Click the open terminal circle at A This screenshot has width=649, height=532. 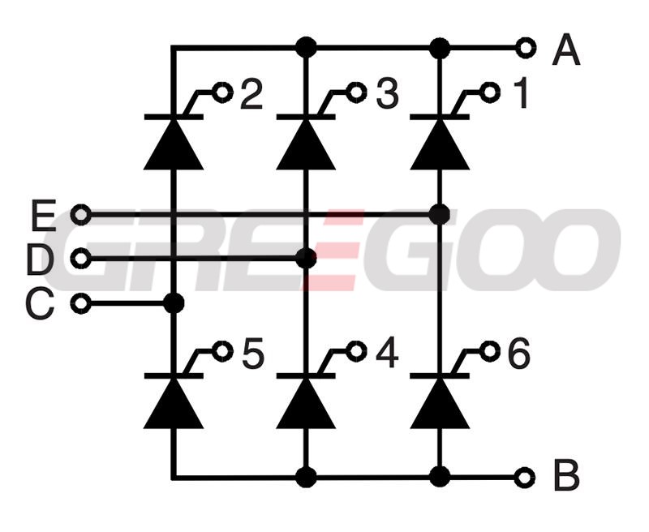tap(526, 48)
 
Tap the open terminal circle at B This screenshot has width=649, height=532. tap(525, 478)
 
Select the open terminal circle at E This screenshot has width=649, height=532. tap(81, 215)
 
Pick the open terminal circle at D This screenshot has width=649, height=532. tap(81, 259)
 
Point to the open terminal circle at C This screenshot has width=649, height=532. tap(81, 303)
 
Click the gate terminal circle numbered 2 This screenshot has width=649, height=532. tap(222, 92)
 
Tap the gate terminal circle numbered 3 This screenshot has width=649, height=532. tap(356, 92)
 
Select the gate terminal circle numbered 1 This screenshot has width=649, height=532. tap(490, 92)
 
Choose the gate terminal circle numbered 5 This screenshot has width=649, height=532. tap(222, 352)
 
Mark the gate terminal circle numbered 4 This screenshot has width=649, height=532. tap(356, 352)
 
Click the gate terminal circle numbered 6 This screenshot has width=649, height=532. tap(490, 352)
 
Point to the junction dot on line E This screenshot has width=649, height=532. tap(440, 214)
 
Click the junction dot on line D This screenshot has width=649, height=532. tap(307, 259)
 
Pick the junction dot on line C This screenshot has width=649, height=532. tap(174, 303)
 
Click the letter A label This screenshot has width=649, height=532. tap(566, 49)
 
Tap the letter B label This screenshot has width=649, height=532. tap(566, 476)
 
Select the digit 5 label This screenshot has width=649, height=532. tap(253, 354)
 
